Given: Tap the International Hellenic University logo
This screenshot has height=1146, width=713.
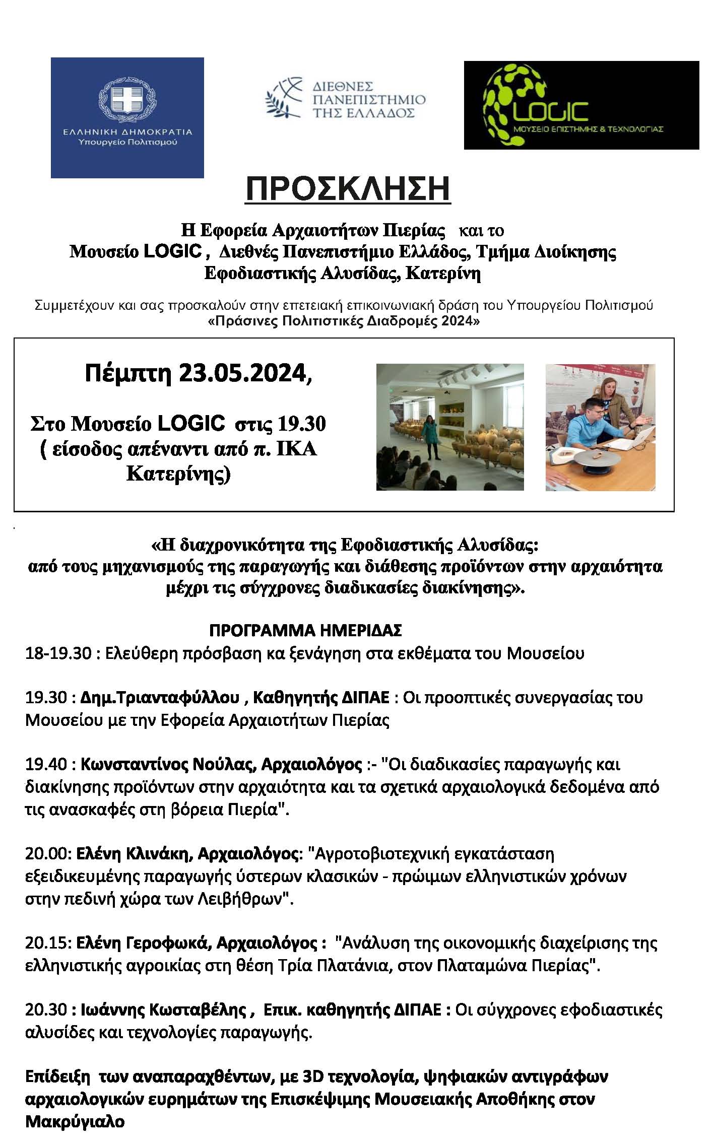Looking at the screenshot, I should click(x=345, y=98).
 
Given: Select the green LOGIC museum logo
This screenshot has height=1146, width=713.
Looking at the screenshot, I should click(x=581, y=105).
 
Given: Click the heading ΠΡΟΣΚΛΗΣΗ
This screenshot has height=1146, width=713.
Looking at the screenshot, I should click(x=347, y=189).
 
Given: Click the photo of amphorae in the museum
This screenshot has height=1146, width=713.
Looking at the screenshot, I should click(x=449, y=427).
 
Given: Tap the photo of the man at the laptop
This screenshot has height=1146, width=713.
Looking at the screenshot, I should click(x=600, y=427).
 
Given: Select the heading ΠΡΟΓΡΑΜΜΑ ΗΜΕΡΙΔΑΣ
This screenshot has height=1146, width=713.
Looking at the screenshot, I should click(x=305, y=630).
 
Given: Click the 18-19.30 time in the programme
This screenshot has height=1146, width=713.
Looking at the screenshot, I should click(x=58, y=653).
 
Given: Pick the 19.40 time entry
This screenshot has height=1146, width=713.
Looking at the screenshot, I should click(x=46, y=764).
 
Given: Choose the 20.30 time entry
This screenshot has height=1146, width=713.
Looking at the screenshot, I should click(x=46, y=1010).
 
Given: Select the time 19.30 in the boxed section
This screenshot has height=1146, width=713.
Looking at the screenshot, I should click(x=301, y=424).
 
